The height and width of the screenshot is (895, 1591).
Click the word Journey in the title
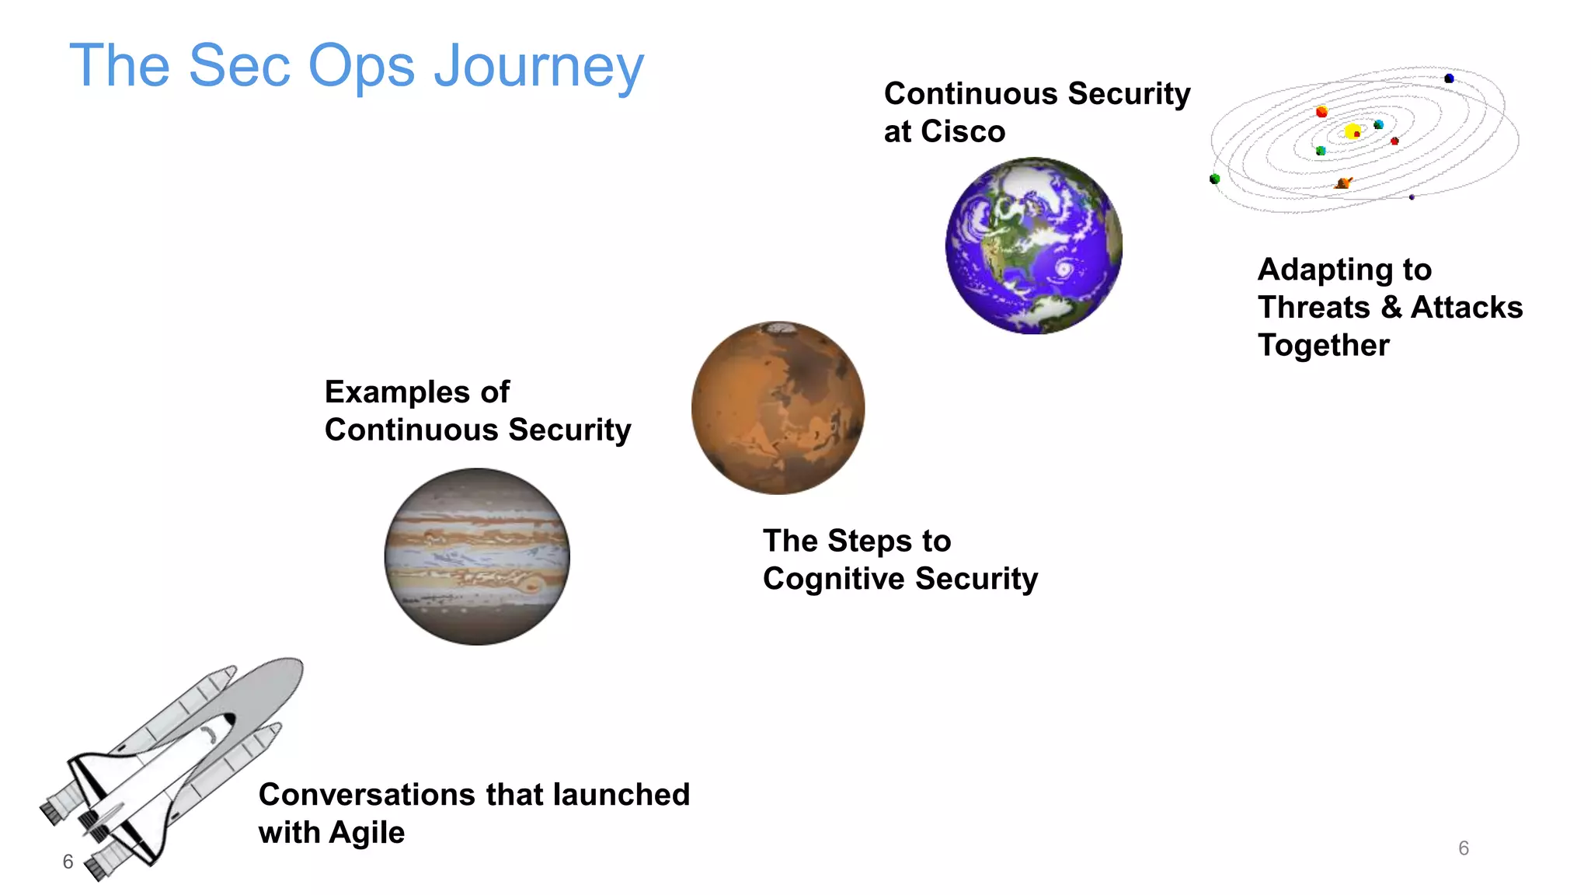pyautogui.click(x=539, y=67)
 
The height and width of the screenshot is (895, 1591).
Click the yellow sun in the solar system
pyautogui.click(x=1352, y=131)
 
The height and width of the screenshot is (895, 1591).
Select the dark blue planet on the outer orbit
pyautogui.click(x=1449, y=78)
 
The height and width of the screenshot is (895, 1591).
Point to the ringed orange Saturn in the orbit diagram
pyautogui.click(x=1343, y=183)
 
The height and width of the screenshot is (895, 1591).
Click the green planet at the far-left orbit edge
pyautogui.click(x=1215, y=179)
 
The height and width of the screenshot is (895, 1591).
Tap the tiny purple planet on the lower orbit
pyautogui.click(x=1412, y=197)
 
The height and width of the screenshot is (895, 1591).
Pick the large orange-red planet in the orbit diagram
pyautogui.click(x=1321, y=112)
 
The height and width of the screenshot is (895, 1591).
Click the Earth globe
pyautogui.click(x=1033, y=246)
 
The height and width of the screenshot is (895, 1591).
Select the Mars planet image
pyautogui.click(x=778, y=408)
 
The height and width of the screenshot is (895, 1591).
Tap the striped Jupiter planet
pyautogui.click(x=477, y=556)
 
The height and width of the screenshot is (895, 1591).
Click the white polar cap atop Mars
pyautogui.click(x=780, y=328)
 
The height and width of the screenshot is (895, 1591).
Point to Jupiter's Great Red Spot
pyautogui.click(x=531, y=584)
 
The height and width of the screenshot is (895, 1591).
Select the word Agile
pyautogui.click(x=367, y=833)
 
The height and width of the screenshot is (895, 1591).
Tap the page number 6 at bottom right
pyautogui.click(x=1464, y=848)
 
